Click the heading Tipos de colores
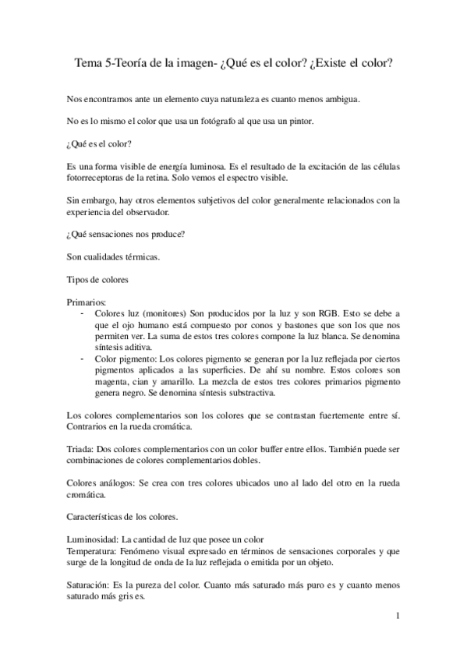[x=97, y=278]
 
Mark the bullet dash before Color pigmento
[x=83, y=357]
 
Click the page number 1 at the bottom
[x=397, y=616]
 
